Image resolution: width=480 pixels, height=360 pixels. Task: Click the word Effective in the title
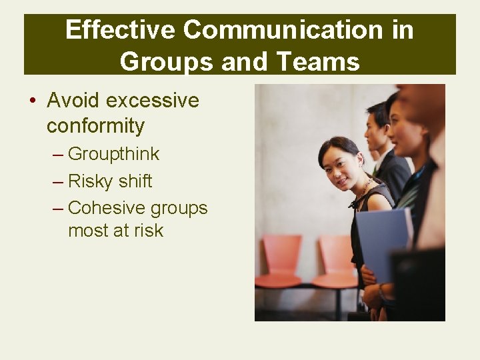point(120,30)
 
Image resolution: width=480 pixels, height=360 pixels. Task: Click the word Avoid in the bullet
point(73,101)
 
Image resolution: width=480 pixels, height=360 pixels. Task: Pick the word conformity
point(95,125)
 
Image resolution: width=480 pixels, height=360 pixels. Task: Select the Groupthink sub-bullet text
point(114,154)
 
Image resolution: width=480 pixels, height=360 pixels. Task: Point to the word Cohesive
point(106,208)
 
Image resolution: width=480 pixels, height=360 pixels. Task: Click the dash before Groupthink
point(58,155)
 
